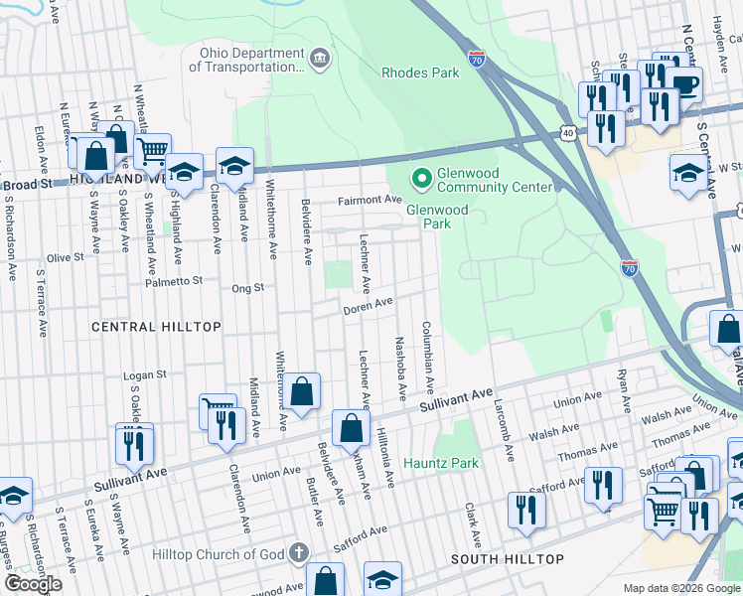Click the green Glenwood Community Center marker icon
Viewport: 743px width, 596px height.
click(421, 179)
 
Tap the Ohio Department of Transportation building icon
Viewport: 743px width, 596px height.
click(320, 59)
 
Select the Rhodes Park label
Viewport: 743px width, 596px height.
click(421, 73)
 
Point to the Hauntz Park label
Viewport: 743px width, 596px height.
click(441, 463)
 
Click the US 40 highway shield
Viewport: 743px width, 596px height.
click(566, 131)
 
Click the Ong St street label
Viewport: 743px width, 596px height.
click(246, 288)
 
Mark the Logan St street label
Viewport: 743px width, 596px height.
click(142, 376)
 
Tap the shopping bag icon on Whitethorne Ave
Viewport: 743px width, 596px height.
click(303, 391)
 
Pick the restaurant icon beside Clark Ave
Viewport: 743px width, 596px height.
click(525, 509)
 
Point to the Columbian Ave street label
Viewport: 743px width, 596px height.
click(428, 356)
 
